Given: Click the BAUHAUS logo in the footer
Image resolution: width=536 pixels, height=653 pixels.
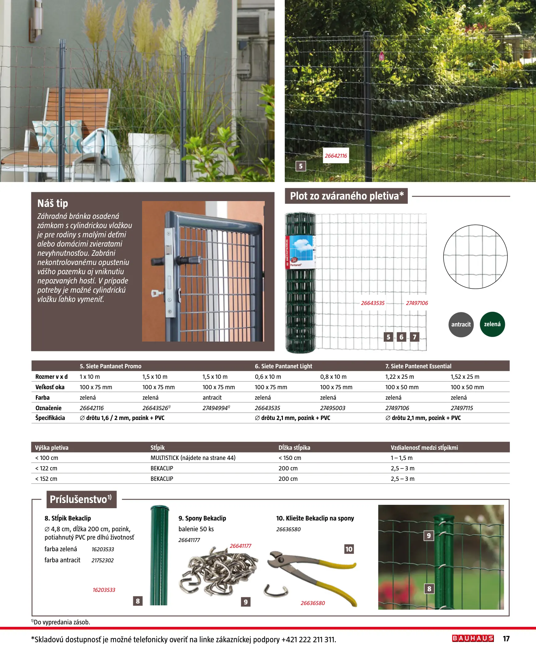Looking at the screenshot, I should (x=473, y=638).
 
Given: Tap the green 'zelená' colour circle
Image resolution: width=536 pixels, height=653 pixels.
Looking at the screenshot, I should (x=492, y=324).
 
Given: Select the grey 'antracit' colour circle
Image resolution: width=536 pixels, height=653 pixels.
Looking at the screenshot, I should (x=461, y=324).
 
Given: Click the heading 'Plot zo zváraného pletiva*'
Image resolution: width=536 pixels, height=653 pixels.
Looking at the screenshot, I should (x=347, y=196).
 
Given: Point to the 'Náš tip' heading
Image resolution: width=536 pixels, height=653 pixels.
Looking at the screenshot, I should (x=53, y=203).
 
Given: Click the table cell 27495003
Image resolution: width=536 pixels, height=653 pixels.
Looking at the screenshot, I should (x=332, y=408).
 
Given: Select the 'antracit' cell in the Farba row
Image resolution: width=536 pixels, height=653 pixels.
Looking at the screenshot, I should (x=212, y=398).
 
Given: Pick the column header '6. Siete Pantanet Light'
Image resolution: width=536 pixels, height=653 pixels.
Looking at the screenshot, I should (x=283, y=366).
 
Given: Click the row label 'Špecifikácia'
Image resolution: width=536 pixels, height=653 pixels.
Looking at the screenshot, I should (x=50, y=418).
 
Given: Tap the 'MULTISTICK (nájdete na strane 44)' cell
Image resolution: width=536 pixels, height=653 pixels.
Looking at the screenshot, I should (x=193, y=458).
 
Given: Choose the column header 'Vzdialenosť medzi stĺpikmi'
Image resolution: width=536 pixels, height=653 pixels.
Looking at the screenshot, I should (x=424, y=447).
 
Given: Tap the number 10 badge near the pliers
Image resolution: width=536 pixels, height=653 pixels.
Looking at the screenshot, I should (x=349, y=549).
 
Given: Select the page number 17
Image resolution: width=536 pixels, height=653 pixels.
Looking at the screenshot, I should (x=506, y=639).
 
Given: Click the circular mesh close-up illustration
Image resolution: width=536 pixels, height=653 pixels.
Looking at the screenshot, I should (x=475, y=257).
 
